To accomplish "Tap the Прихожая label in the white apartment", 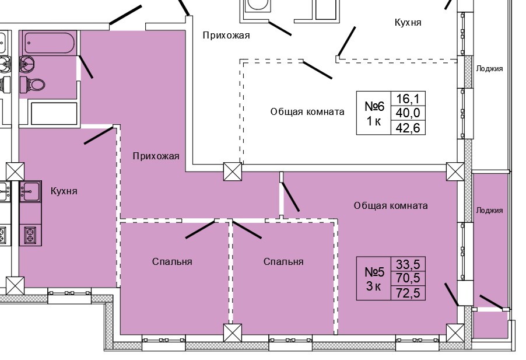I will (226, 36).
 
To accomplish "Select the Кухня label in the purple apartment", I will (64, 191).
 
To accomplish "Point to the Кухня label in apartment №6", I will (408, 23).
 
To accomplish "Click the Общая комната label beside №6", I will (307, 111).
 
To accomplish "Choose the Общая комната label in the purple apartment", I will (391, 205).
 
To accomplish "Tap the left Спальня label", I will (172, 261).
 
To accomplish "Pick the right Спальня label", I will (283, 261).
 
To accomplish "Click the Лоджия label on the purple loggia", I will (489, 211).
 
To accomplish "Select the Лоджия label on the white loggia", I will (489, 68).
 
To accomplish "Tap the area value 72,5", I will (408, 292).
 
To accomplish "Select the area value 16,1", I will (408, 98).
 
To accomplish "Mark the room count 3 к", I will (373, 286).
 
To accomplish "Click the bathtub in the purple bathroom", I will (49, 43).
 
